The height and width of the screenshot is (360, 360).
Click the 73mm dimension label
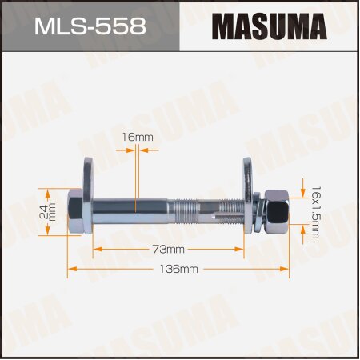point(169,250)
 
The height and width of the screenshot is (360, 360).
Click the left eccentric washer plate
point(86,197)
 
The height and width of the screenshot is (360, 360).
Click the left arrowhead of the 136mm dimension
point(69,270)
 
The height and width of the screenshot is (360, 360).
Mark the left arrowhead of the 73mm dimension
point(97,250)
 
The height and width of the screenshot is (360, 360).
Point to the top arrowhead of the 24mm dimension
point(49,191)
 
